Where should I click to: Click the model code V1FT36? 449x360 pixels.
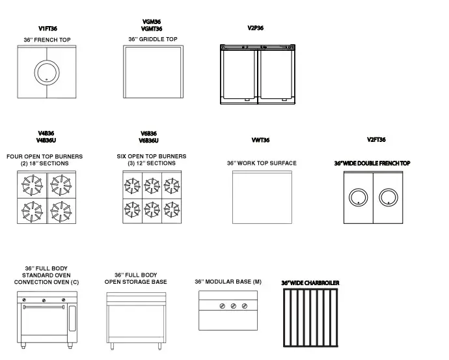(x=48, y=29)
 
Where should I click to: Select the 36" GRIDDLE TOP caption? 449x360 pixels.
(x=152, y=40)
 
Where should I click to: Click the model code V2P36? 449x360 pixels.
(x=256, y=28)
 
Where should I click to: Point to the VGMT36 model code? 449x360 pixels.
(x=152, y=29)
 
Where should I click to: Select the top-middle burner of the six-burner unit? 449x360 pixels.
(x=152, y=186)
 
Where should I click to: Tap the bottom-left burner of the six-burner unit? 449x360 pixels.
(x=133, y=210)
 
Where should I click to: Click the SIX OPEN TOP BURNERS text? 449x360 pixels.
(x=152, y=156)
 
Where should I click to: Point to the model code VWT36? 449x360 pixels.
(x=260, y=141)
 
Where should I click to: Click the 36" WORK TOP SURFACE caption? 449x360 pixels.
(x=262, y=163)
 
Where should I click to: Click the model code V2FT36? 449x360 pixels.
(x=376, y=140)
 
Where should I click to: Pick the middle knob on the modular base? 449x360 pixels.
(x=233, y=306)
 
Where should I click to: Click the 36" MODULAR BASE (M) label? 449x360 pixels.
(x=228, y=282)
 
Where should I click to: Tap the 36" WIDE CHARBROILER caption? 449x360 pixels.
(x=310, y=283)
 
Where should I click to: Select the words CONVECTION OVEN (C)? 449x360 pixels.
(x=46, y=282)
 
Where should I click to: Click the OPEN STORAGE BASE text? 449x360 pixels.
(x=135, y=282)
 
